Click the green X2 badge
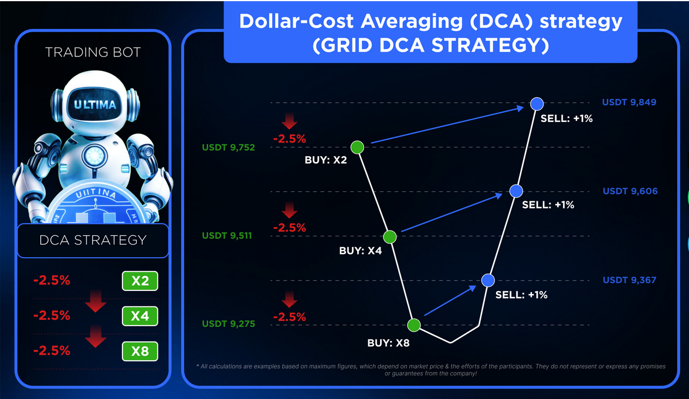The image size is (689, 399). [x=140, y=281]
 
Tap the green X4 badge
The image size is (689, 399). [x=140, y=316]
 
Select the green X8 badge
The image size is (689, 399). [x=140, y=351]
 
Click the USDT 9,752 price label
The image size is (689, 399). [x=228, y=147]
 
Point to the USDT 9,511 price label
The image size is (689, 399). [x=228, y=236]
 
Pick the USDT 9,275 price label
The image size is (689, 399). [x=228, y=323]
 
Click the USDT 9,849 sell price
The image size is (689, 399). [x=629, y=102]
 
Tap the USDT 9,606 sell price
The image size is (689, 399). [x=630, y=191]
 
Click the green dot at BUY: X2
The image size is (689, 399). [x=357, y=147]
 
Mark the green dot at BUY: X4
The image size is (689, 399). [x=390, y=237]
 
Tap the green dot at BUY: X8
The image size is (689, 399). [x=414, y=325]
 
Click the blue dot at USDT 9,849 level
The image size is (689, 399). [x=537, y=104]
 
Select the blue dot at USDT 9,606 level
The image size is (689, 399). [x=516, y=191]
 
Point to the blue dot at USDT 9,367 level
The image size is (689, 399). [x=488, y=280]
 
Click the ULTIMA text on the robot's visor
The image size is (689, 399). [x=95, y=106]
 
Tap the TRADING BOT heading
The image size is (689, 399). [x=93, y=52]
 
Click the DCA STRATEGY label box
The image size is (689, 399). [x=93, y=240]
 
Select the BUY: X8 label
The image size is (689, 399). [x=388, y=343]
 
